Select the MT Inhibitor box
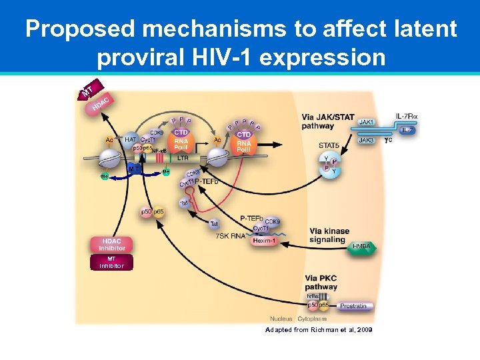click(x=111, y=262)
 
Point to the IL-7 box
click(x=408, y=131)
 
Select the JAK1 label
click(x=367, y=122)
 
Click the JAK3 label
click(x=367, y=140)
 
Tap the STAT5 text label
click(x=329, y=144)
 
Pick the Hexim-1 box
click(x=265, y=241)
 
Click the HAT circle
click(x=131, y=140)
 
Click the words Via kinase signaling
click(x=329, y=235)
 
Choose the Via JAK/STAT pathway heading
click(x=327, y=121)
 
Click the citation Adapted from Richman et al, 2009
click(x=318, y=330)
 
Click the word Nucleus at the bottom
click(x=281, y=318)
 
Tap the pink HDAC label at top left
click(x=100, y=104)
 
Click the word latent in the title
click(x=419, y=29)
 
